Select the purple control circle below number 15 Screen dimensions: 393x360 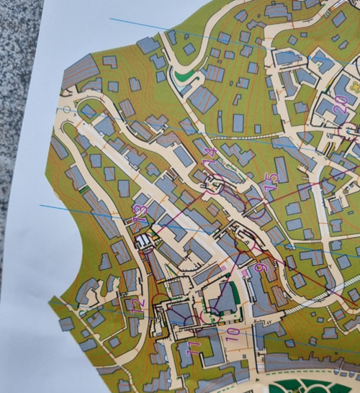257,209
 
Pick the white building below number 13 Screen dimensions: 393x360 145,240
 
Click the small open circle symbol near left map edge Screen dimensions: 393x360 68,109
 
